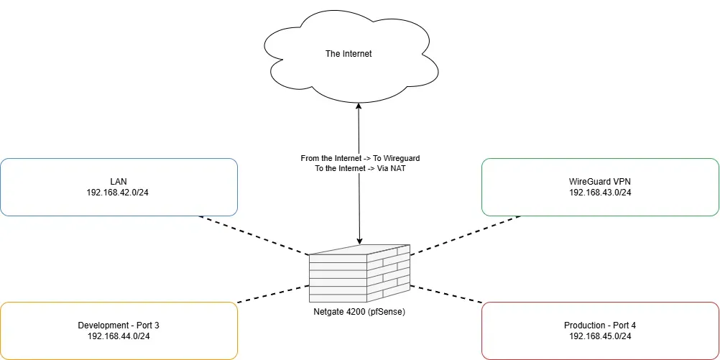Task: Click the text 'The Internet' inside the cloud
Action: [x=349, y=54]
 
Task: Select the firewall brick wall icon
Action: [x=359, y=275]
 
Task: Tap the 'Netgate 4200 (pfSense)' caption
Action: [x=359, y=311]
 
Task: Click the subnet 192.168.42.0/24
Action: [x=119, y=193]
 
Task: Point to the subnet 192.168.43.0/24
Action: [x=600, y=193]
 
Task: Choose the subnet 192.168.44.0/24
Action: [x=119, y=336]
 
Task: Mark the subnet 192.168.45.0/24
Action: [x=600, y=336]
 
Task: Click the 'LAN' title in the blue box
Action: [x=119, y=182]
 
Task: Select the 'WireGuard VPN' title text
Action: [x=600, y=182]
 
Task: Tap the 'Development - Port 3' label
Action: [x=119, y=326]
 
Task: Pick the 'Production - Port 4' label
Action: [x=600, y=326]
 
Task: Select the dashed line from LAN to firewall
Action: [x=253, y=235]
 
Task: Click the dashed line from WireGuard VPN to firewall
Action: [x=466, y=235]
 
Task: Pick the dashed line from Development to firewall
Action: [x=273, y=293]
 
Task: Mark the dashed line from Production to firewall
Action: [x=446, y=293]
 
